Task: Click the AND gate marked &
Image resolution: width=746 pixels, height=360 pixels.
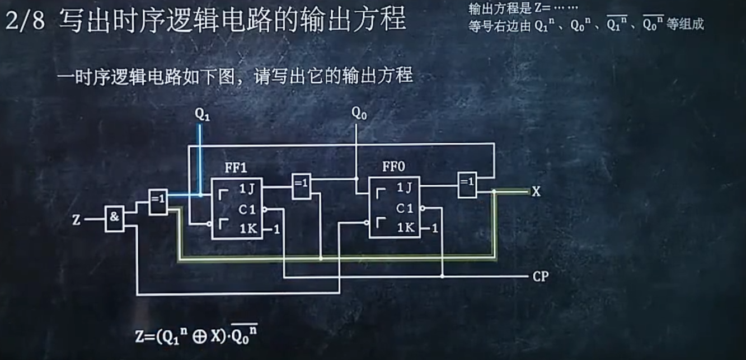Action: (114, 218)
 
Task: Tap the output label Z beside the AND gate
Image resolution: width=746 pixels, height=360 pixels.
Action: (77, 220)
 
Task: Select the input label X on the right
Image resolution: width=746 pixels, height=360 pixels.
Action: (536, 192)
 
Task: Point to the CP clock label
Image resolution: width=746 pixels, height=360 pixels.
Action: (540, 277)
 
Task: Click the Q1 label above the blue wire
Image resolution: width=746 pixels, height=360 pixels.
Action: (202, 114)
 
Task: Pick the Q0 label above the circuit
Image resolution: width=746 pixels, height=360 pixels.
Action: (359, 113)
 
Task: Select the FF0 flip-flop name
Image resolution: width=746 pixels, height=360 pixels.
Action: (394, 167)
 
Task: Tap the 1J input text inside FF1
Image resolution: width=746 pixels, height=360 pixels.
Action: (247, 189)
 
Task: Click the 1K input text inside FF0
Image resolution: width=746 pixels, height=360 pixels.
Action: (406, 228)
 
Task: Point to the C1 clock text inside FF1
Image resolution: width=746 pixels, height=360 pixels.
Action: (247, 209)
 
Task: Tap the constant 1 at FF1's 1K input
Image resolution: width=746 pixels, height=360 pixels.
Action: (276, 230)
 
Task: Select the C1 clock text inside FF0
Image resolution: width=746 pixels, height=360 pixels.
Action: (405, 209)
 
